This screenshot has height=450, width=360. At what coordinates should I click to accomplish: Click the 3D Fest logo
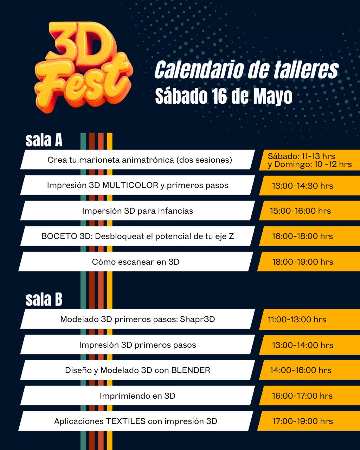click(83, 67)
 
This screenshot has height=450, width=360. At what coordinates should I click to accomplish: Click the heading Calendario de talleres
click(246, 70)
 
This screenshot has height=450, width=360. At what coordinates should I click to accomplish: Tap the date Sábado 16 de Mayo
click(224, 96)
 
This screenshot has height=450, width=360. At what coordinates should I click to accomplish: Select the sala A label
click(44, 141)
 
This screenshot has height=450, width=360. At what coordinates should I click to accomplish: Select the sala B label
click(44, 300)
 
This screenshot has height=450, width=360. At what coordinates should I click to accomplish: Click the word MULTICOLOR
click(130, 185)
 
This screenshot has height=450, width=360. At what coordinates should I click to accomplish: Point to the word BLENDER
click(191, 370)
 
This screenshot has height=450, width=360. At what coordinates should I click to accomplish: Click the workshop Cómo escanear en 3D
click(136, 262)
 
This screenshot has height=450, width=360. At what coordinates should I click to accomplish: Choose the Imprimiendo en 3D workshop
click(137, 396)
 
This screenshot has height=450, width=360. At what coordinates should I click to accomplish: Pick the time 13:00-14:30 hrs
click(302, 186)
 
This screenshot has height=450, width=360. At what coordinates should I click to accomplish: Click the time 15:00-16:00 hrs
click(301, 211)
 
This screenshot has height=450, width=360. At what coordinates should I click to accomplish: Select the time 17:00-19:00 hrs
click(302, 421)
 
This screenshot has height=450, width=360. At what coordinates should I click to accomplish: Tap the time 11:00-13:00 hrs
click(297, 320)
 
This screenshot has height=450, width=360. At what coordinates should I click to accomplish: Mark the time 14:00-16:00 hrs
click(301, 370)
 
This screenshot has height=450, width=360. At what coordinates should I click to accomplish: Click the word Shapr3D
click(197, 319)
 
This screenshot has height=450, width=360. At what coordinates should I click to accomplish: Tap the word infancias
click(175, 211)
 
